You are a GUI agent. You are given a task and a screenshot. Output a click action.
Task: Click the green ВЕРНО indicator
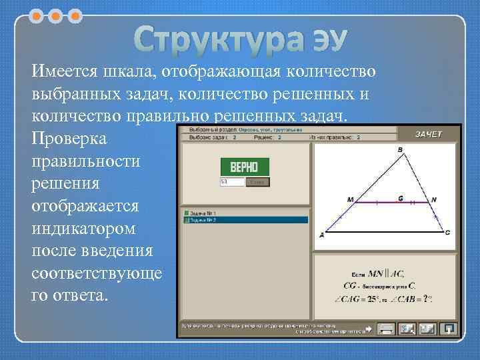tap(244, 166)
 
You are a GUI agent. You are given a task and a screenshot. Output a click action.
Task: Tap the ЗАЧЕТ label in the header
tap(429, 134)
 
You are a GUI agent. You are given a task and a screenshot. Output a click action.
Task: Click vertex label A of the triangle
tap(322, 235)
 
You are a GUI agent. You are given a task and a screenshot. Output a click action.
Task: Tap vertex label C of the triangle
tap(447, 232)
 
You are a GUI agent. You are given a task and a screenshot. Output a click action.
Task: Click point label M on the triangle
tap(351, 199)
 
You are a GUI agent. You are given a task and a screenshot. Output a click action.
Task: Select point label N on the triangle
tap(434, 199)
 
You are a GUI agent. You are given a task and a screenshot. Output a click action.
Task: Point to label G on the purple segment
tap(400, 198)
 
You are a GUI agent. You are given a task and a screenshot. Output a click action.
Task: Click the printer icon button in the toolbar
tap(385, 329)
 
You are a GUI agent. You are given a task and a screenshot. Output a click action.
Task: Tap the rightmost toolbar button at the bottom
tap(450, 329)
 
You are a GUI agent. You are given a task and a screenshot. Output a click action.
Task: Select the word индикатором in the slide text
tap(83, 228)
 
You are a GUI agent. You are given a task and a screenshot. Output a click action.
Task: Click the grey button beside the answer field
tap(258, 182)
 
